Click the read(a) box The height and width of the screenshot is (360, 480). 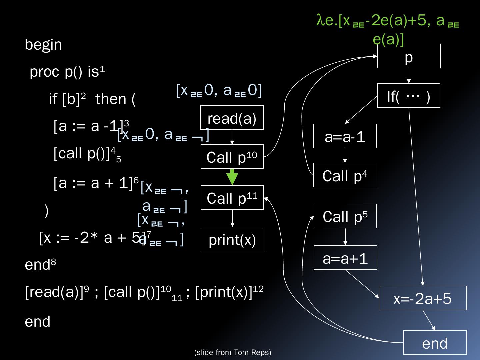(232, 117)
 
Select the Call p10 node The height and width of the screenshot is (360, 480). (232, 157)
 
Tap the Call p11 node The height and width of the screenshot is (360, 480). (232, 197)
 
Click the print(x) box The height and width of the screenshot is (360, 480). (232, 239)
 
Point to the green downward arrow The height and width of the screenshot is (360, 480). (232, 177)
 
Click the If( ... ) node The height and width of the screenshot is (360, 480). (409, 96)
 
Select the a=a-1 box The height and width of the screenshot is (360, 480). (345, 136)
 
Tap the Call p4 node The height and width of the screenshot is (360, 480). (345, 175)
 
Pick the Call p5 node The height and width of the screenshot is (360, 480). (345, 216)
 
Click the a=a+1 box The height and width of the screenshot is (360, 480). (345, 258)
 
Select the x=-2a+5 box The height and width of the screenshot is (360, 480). (423, 298)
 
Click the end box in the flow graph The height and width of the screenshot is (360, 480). (435, 343)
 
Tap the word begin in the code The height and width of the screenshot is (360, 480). (43, 45)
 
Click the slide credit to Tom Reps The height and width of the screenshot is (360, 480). (233, 353)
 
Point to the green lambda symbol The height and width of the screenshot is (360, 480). (320, 21)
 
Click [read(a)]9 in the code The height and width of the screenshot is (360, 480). (57, 292)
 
